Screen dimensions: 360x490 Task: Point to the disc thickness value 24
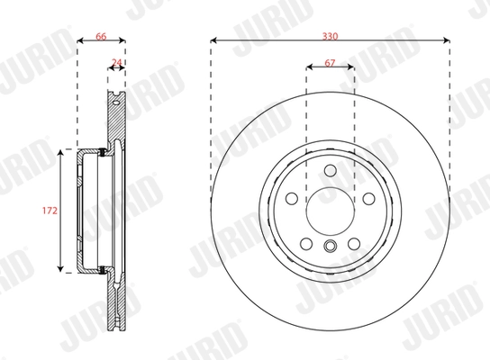click(115, 62)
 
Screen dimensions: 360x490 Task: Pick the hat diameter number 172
click(50, 211)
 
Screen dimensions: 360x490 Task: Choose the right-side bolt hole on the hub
click(367, 199)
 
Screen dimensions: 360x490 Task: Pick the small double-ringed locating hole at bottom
click(330, 249)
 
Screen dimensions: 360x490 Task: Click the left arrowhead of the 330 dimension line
click(214, 40)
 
